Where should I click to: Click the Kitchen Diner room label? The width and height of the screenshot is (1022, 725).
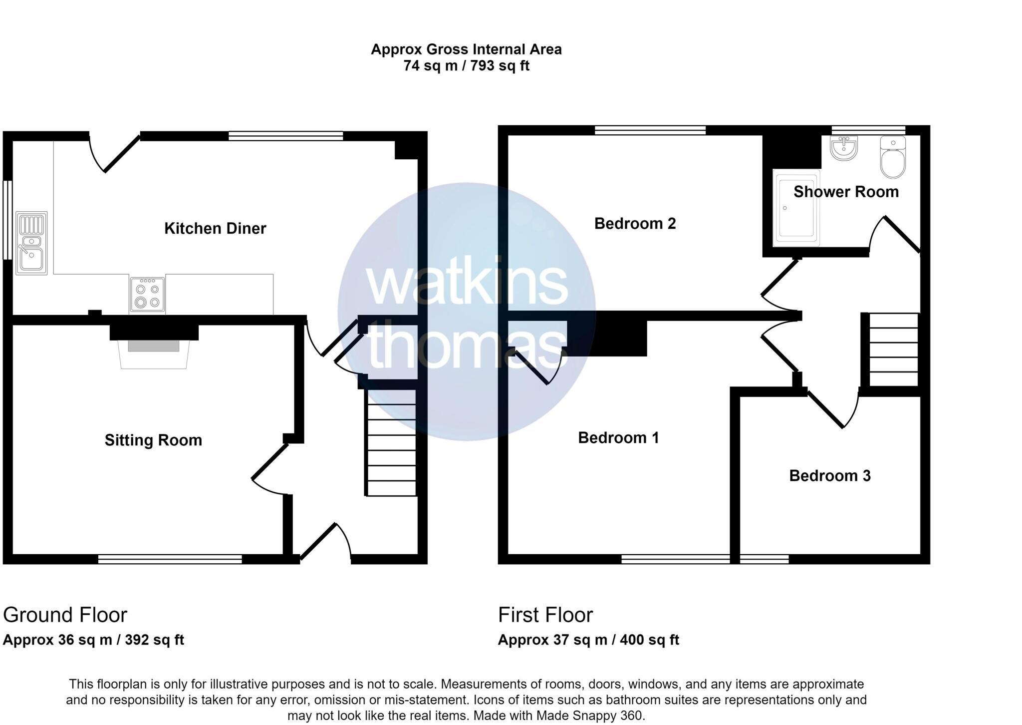tap(215, 229)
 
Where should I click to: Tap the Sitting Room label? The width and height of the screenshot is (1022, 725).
tap(153, 440)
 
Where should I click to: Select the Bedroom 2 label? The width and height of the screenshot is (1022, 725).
tap(635, 224)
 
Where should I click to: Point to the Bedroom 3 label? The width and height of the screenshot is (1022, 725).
tap(829, 476)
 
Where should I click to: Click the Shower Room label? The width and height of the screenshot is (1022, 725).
tap(846, 192)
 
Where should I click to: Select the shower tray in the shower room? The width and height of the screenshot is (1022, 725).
tap(796, 208)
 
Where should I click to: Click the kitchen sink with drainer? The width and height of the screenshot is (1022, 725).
tap(31, 243)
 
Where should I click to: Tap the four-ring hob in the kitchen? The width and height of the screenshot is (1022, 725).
tap(147, 295)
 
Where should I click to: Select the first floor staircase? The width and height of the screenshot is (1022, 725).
tap(894, 350)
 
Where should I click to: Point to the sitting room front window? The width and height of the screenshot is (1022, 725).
tap(170, 559)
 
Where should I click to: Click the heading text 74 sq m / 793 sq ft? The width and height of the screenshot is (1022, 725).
tap(466, 66)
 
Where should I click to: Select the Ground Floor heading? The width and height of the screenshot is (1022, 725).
tap(65, 615)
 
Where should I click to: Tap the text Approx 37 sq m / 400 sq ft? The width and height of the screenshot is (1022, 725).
tap(588, 640)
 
